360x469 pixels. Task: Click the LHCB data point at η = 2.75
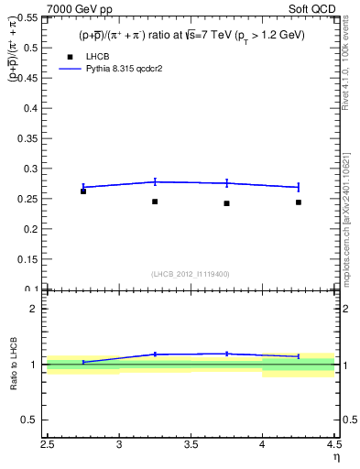(x=83, y=191)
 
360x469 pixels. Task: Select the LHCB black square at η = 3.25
(x=155, y=202)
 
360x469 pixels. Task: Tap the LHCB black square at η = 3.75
(x=226, y=203)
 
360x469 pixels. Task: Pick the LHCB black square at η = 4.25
(x=299, y=202)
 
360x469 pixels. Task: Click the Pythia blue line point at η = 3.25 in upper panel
(x=155, y=181)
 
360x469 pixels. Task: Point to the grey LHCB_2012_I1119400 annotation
(x=191, y=274)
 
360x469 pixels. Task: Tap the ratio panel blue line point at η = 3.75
(x=226, y=354)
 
